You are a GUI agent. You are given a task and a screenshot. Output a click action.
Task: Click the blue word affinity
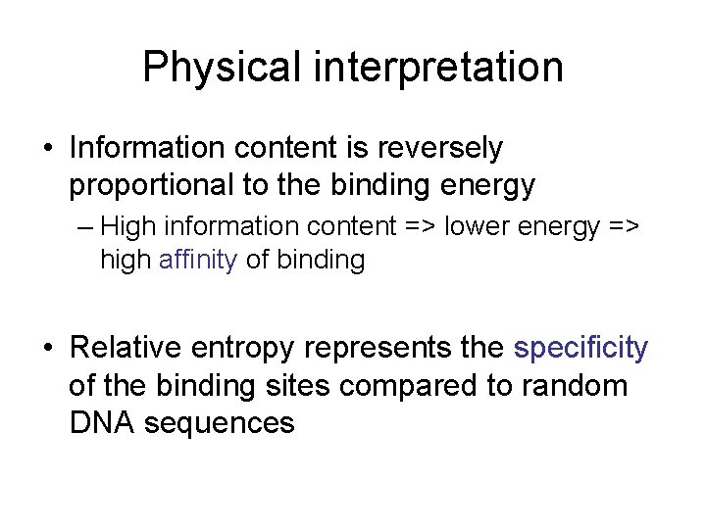pyautogui.click(x=198, y=262)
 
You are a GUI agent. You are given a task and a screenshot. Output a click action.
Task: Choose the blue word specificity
pyautogui.click(x=580, y=348)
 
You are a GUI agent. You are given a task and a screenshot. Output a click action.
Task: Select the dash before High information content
pyautogui.click(x=82, y=227)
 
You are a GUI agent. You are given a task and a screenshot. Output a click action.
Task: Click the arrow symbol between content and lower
pyautogui.click(x=423, y=226)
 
